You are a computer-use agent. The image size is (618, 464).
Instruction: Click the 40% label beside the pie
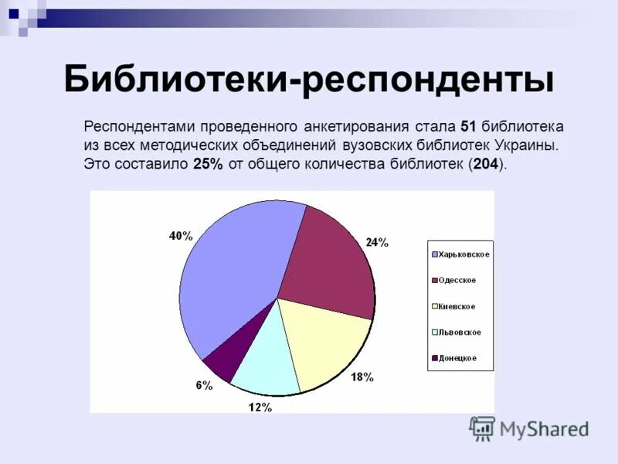pos(181,236)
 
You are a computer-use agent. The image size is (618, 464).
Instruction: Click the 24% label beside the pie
pos(377,242)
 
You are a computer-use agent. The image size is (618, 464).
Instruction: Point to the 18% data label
pos(362,377)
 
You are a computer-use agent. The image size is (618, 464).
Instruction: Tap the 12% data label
pos(260,407)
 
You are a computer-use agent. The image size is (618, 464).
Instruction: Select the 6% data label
pos(204,385)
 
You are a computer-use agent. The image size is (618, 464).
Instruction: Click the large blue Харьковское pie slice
pos(232,271)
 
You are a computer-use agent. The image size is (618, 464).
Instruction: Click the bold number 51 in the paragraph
pos(468,126)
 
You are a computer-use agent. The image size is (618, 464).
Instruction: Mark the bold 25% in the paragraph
pos(207,163)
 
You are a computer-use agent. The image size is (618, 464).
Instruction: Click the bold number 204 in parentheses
pos(485,163)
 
